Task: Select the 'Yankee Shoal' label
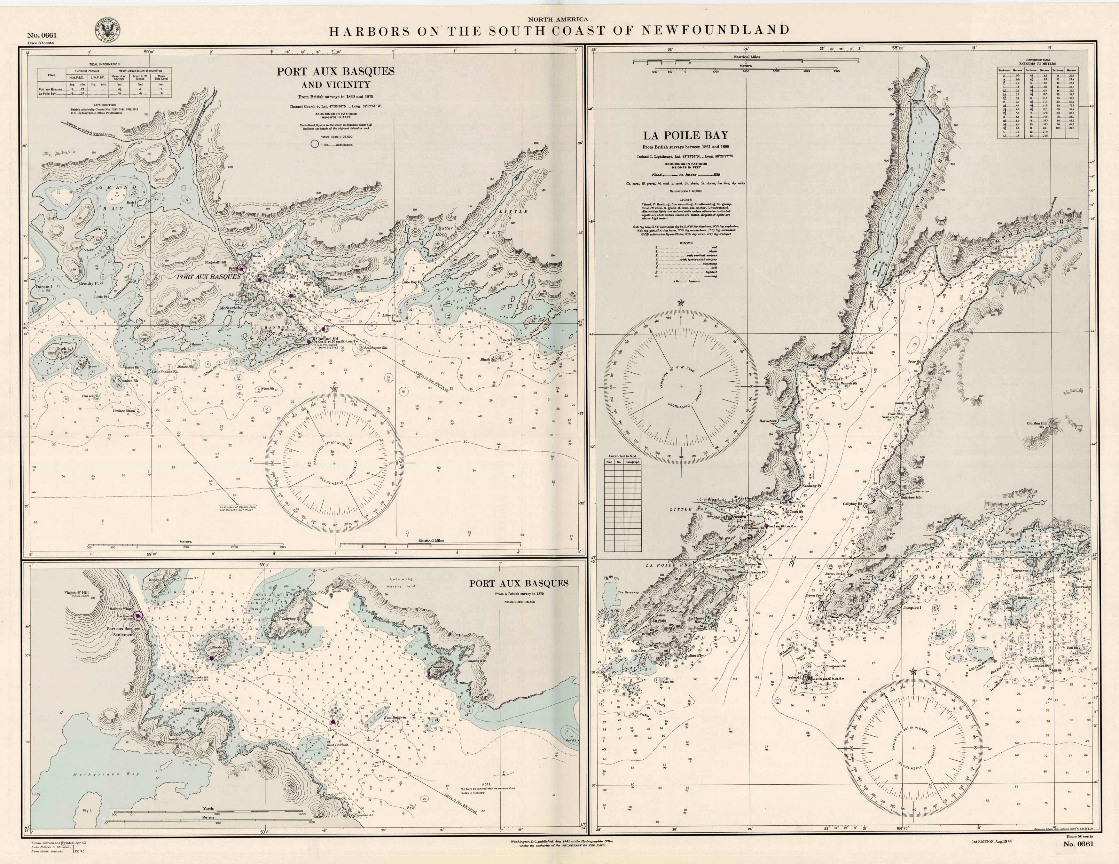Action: (123, 410)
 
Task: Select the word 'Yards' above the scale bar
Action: (208, 809)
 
